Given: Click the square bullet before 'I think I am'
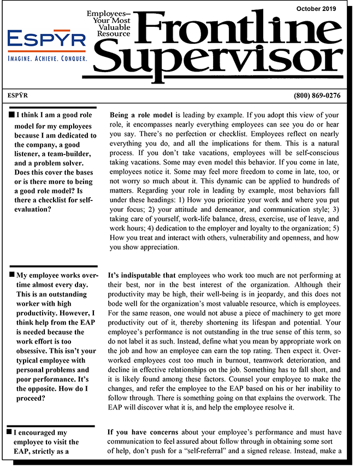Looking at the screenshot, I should tap(12, 115).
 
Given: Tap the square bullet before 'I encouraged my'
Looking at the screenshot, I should tap(12, 432).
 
